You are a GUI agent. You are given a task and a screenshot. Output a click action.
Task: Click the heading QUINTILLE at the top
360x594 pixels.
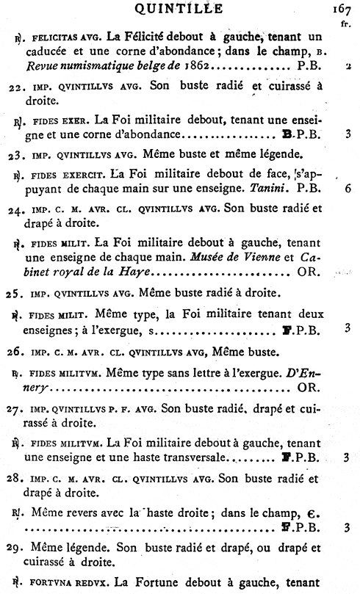[181, 8]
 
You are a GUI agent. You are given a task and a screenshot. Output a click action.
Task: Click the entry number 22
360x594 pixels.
[23, 85]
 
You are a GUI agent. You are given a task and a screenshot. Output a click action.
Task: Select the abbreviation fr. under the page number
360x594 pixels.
[345, 23]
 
